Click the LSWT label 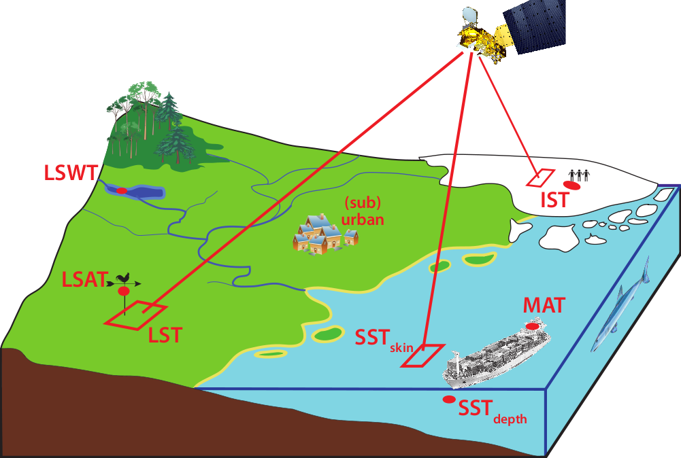click(x=71, y=173)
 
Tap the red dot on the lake click(x=122, y=190)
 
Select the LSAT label click(x=84, y=279)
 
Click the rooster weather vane click(x=124, y=280)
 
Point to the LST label click(x=165, y=335)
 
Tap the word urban click(x=363, y=219)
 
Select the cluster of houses click(x=325, y=234)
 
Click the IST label click(x=555, y=200)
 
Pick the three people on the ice click(x=580, y=175)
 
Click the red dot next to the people click(x=571, y=186)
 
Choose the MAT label click(x=544, y=305)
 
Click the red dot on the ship click(x=533, y=326)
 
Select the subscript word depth click(x=510, y=419)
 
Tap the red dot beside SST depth click(x=448, y=400)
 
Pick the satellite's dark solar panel click(x=535, y=26)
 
